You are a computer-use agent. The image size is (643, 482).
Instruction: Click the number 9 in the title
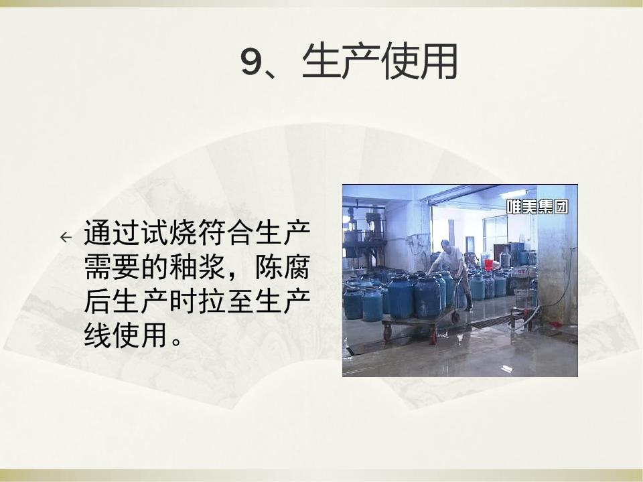(x=251, y=62)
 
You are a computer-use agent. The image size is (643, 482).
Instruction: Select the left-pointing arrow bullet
(x=66, y=237)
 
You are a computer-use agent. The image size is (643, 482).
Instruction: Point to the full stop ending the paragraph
(x=177, y=341)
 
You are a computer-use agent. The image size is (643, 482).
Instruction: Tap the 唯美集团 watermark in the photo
(x=537, y=207)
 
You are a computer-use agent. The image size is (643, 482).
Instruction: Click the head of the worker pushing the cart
(x=446, y=246)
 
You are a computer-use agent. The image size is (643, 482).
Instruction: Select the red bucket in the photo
(x=488, y=264)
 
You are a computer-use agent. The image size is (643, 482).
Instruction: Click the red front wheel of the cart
(x=434, y=336)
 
